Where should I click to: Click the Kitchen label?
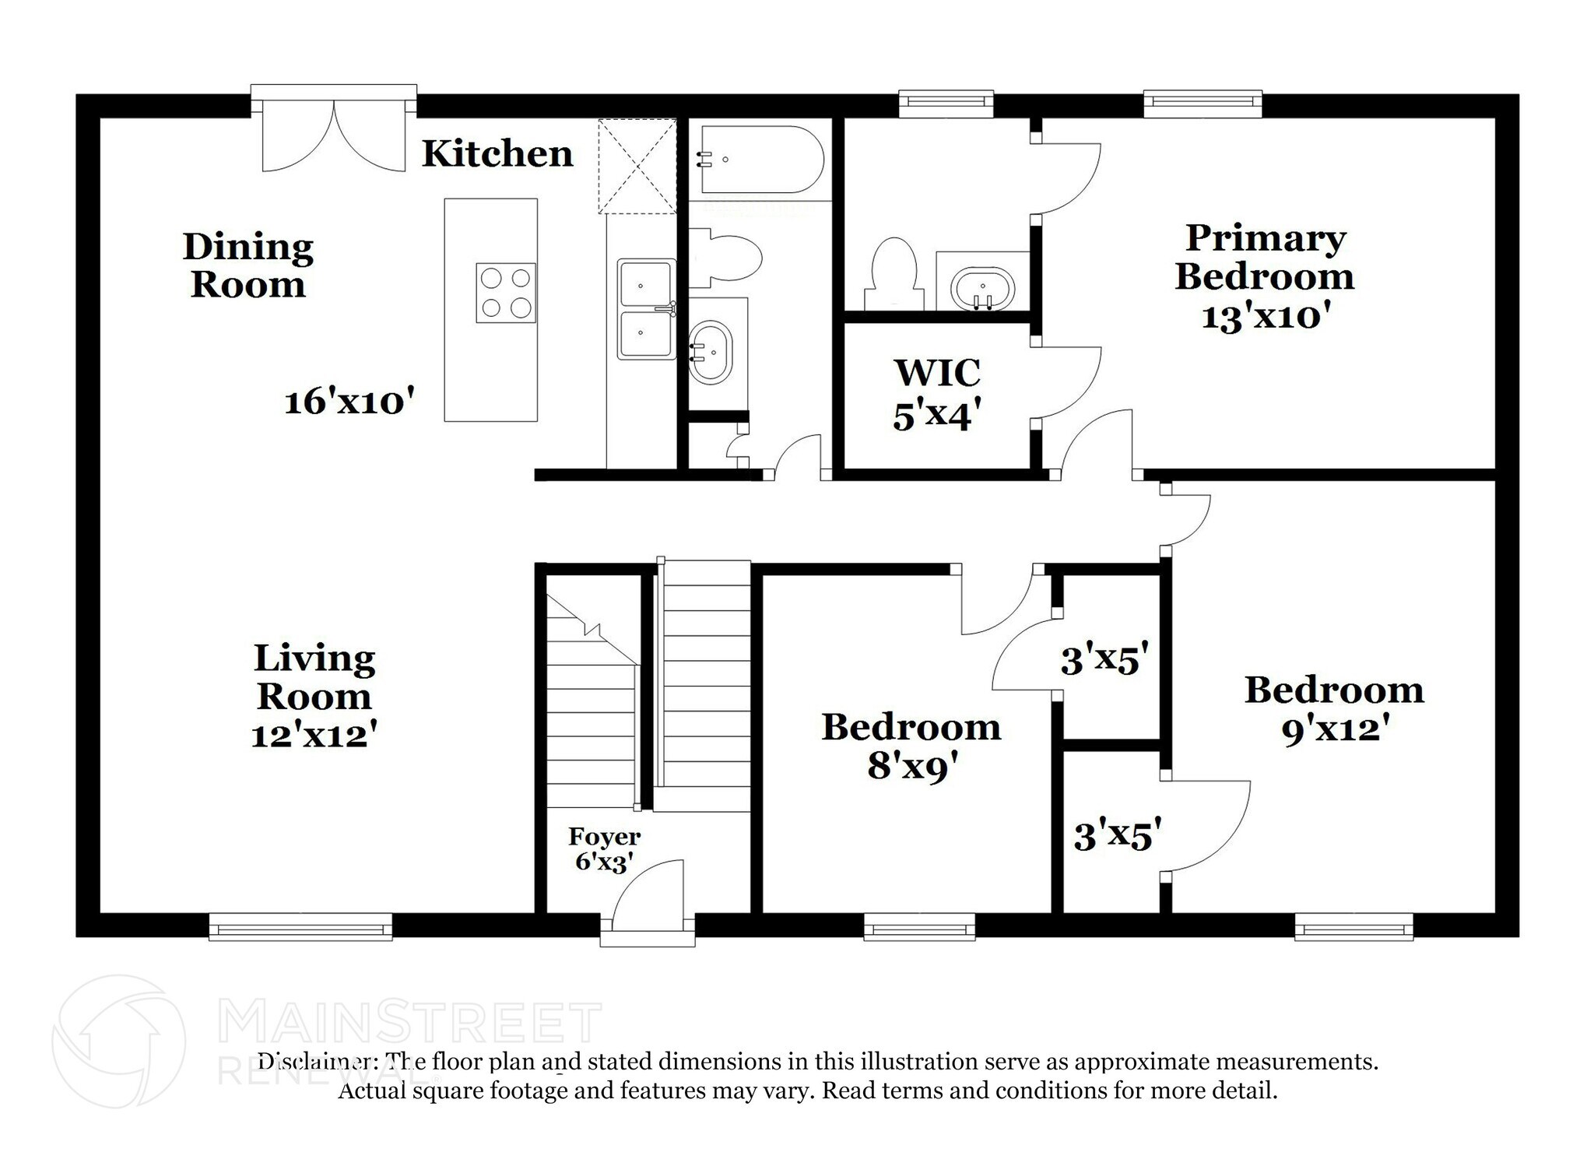(497, 153)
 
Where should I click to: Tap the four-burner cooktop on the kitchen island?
(506, 293)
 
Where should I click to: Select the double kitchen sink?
(646, 309)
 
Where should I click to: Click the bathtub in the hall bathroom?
(760, 160)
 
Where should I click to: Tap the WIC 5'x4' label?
(936, 394)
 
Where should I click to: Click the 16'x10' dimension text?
(348, 402)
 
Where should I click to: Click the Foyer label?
(604, 837)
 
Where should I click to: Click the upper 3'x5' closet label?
(1104, 661)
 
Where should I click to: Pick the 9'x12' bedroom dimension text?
(1336, 729)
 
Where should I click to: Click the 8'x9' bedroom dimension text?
(911, 767)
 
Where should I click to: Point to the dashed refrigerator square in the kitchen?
(637, 166)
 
